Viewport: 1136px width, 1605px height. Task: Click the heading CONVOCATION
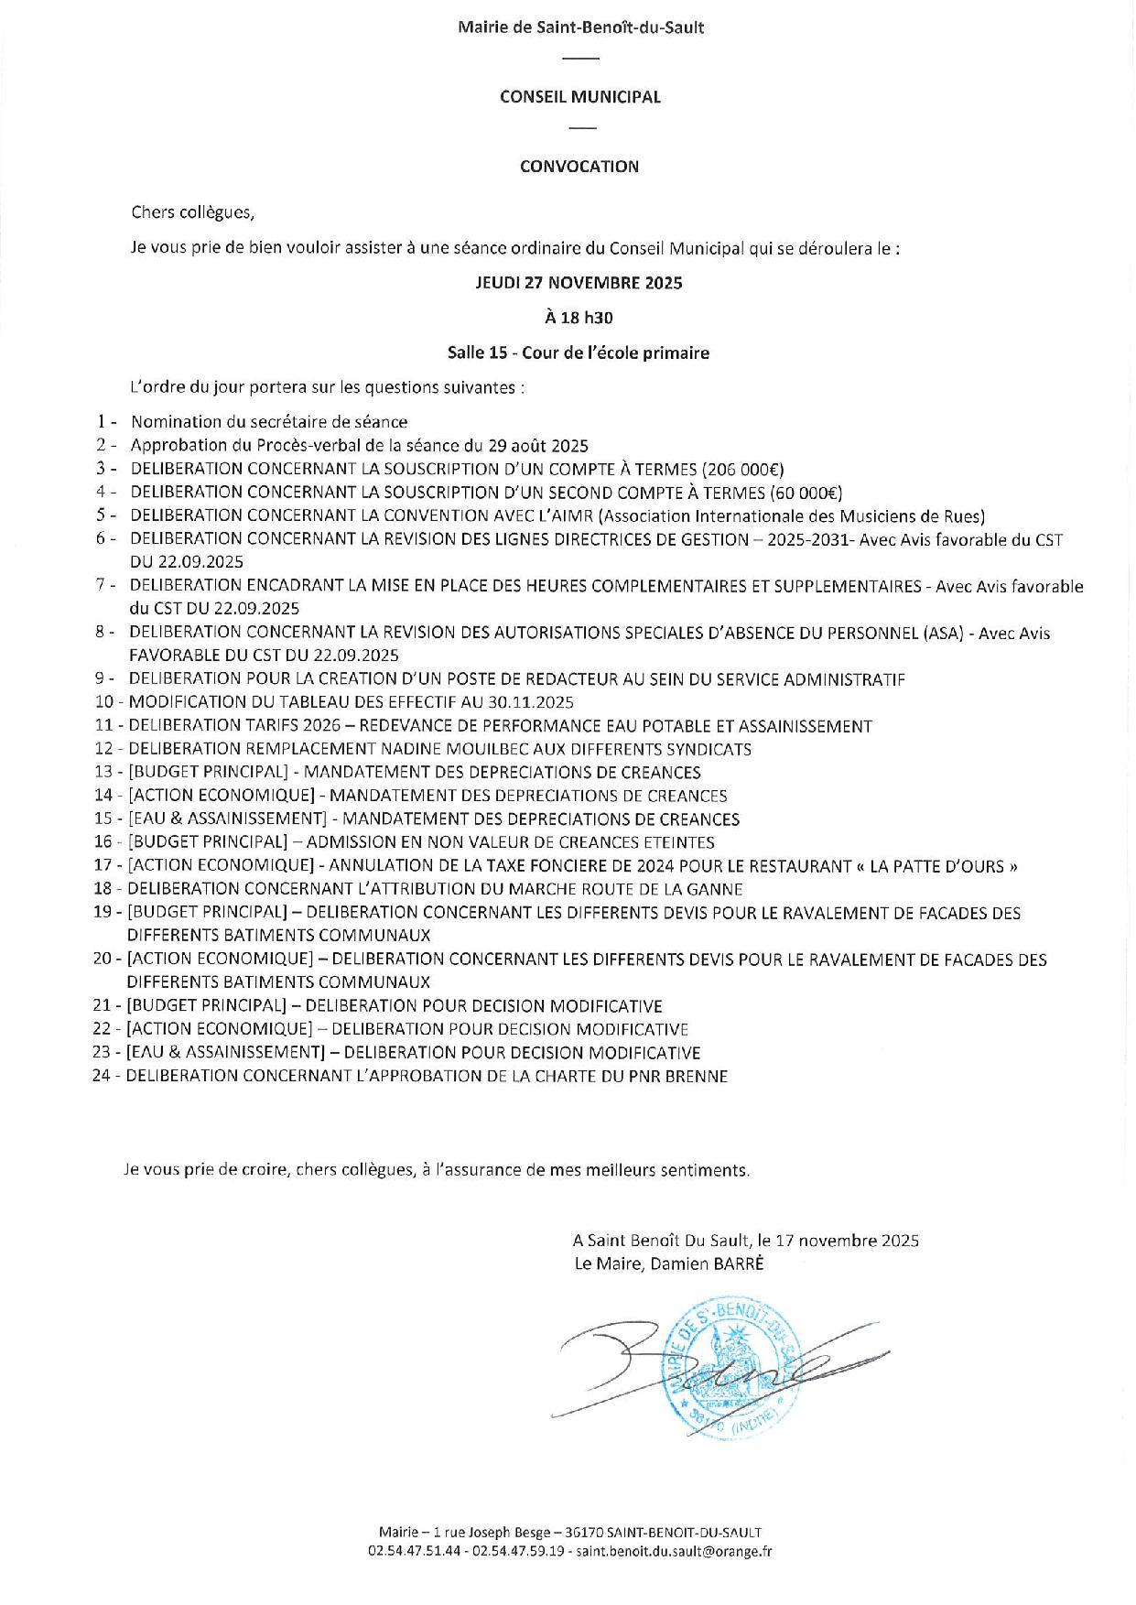click(x=579, y=167)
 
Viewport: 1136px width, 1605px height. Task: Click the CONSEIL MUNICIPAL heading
click(x=579, y=97)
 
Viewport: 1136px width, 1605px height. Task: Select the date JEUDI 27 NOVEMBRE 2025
click(x=579, y=283)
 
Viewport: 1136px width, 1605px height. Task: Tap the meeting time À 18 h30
click(x=579, y=318)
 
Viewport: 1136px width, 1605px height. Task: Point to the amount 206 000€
click(x=742, y=470)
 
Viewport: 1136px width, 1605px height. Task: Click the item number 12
click(x=103, y=749)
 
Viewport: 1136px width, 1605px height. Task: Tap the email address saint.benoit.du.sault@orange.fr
click(x=674, y=1551)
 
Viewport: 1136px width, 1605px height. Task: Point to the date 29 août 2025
click(x=537, y=446)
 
